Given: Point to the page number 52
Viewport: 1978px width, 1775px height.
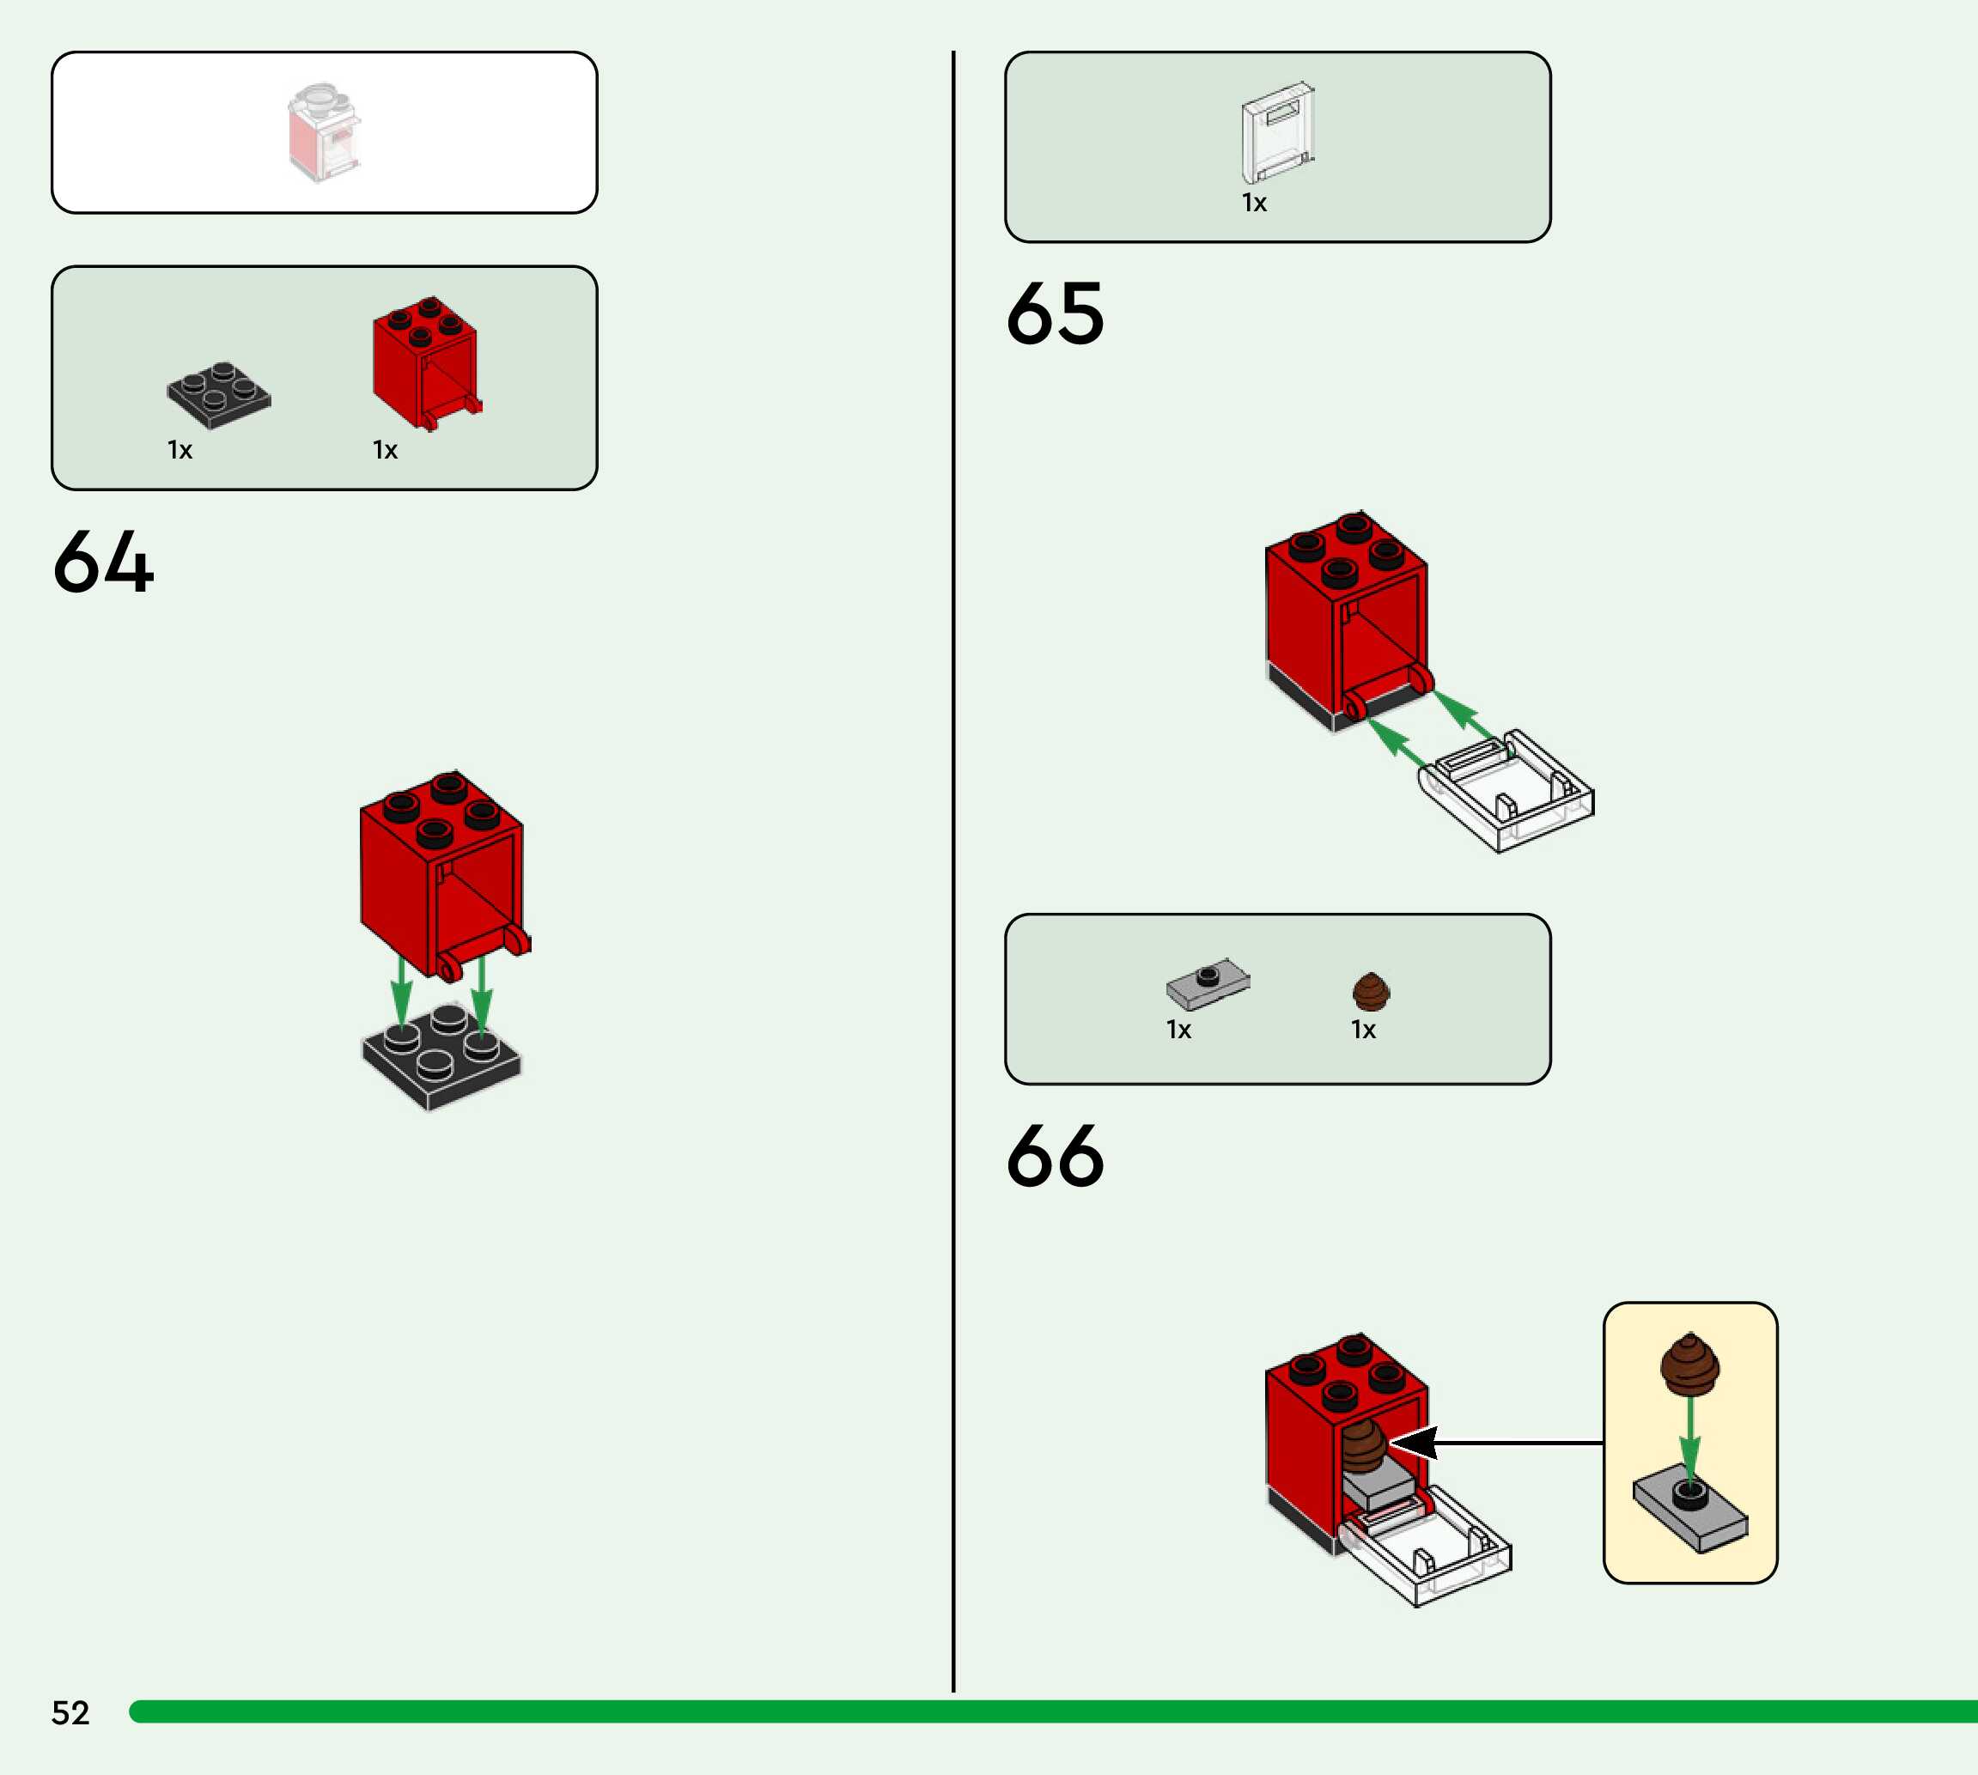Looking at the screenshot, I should (70, 1712).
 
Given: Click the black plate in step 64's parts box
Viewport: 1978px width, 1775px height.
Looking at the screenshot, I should (218, 394).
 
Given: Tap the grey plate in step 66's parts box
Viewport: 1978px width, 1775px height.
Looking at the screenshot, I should (1208, 983).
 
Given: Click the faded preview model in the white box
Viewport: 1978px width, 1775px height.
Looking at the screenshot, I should (324, 132).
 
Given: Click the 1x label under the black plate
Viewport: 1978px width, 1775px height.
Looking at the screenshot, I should (180, 451).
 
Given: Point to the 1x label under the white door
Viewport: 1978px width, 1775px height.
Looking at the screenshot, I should (1253, 203).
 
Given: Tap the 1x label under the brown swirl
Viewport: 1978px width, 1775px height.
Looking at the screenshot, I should (1362, 1030).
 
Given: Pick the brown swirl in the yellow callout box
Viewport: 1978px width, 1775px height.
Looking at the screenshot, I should (1690, 1364).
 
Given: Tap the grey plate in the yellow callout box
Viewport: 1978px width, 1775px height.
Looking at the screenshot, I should (1690, 1511).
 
